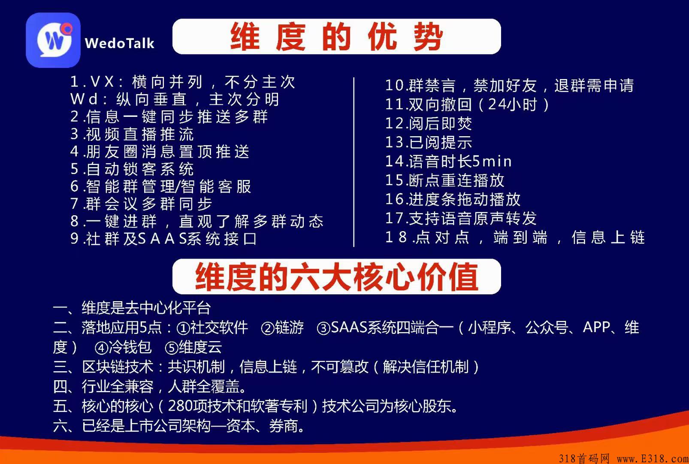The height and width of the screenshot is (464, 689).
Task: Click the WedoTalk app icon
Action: pos(53,40)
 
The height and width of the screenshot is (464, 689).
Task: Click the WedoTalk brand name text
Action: pos(119,43)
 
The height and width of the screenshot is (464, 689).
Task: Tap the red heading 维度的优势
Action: pos(336,37)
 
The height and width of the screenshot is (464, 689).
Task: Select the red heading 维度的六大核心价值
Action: pos(336,277)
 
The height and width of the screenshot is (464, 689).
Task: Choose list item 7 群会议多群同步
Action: pos(141,204)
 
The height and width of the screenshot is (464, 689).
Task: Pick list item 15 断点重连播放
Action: pos(444,180)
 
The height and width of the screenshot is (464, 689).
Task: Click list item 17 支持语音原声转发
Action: pos(461,218)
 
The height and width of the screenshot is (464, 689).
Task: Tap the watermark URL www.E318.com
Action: pos(653,458)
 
